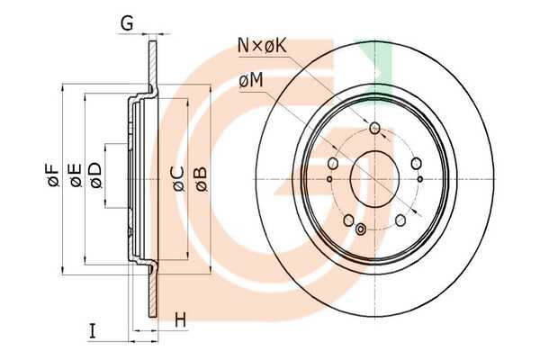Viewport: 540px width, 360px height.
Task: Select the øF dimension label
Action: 55,177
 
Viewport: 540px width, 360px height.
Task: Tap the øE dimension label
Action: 76,177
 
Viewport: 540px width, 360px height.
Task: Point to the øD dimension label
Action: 95,177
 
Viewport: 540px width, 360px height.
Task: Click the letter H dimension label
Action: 180,319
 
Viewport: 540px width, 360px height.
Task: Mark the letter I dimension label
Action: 93,332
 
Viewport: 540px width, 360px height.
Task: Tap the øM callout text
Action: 251,81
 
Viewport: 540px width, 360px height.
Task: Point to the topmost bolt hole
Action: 375,129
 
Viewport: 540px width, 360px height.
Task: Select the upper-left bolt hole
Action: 333,163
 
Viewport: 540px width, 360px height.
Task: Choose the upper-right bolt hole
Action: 417,163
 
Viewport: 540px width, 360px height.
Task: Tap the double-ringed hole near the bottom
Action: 362,229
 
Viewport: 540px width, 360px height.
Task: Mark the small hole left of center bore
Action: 330,178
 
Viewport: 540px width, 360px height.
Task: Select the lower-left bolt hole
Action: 348,219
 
